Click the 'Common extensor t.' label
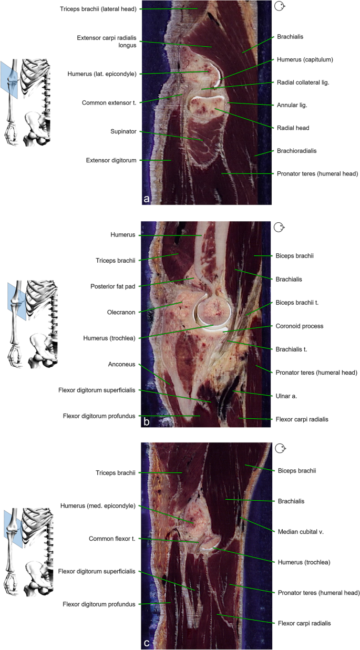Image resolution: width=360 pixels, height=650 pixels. coord(109,102)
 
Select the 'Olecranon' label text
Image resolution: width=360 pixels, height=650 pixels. coord(122,312)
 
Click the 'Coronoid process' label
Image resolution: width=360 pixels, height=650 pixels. coord(300,326)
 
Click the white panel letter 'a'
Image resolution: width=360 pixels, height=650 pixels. coord(147,199)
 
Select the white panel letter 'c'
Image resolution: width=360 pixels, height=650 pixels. coord(147,642)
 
